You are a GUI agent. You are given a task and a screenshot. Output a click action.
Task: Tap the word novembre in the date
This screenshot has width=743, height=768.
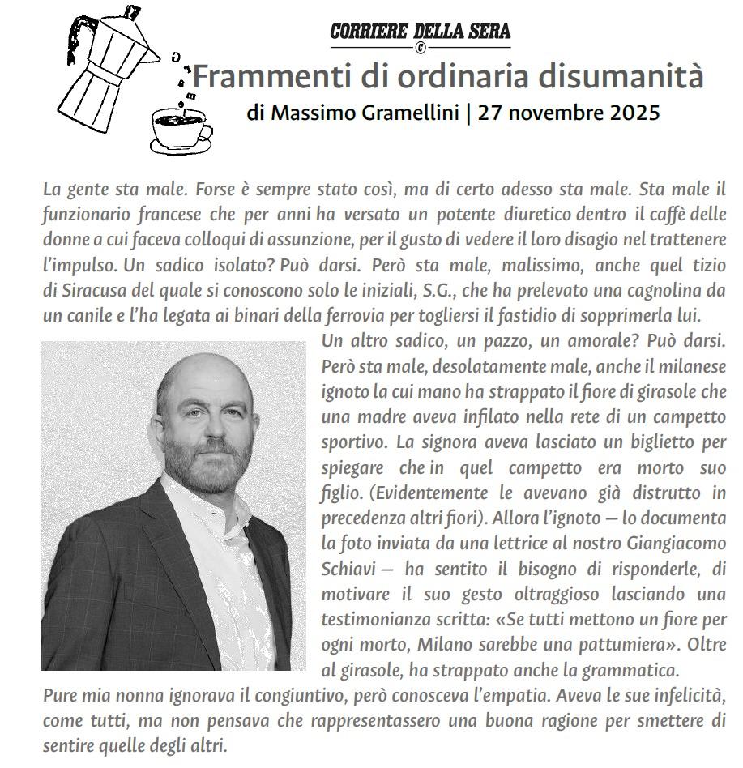(552, 113)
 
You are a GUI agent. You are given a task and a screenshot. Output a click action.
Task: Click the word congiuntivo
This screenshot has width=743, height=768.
(280, 695)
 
